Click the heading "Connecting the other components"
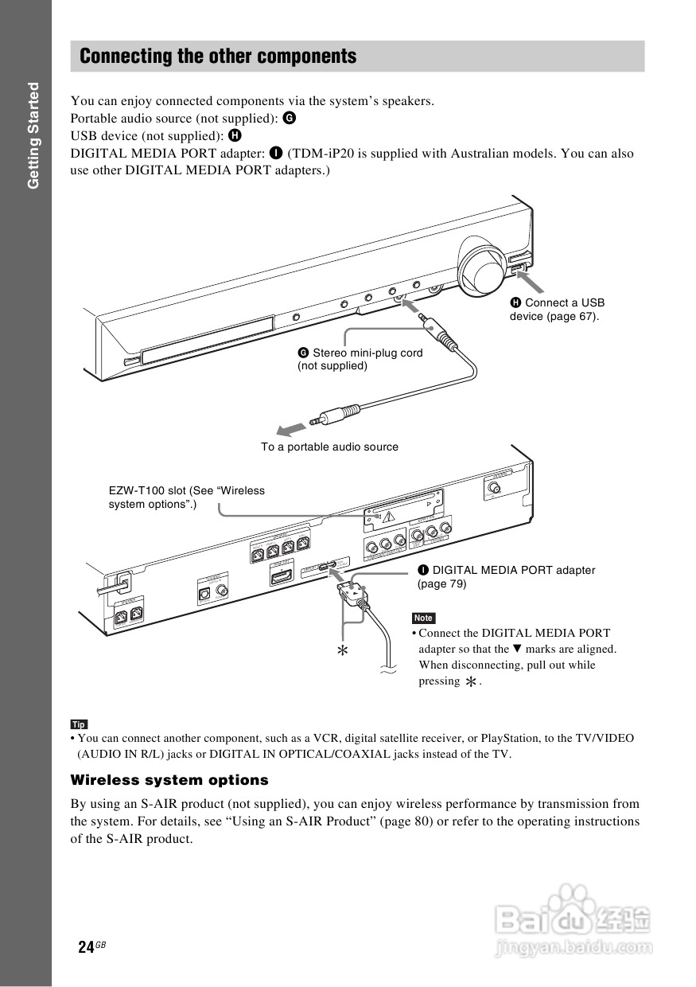point(218,57)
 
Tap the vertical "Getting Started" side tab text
point(33,135)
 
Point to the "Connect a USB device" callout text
point(557,310)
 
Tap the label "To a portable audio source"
point(329,447)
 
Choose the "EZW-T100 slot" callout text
point(187,497)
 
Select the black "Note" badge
point(423,618)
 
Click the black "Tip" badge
point(79,724)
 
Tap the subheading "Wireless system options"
point(169,780)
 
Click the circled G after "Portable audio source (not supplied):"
point(289,118)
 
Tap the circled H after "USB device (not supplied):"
point(235,135)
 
